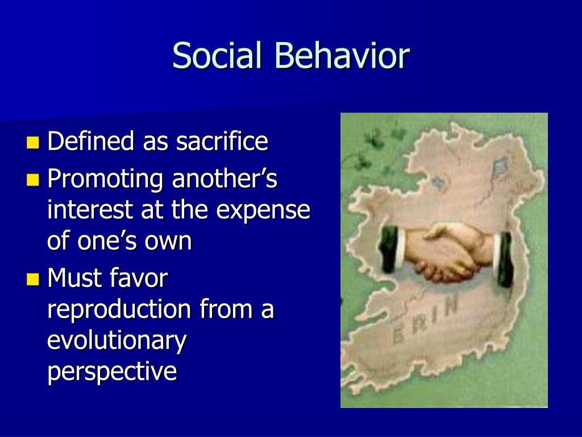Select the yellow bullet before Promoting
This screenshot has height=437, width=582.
[x=34, y=180]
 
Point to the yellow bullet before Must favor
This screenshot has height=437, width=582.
[x=34, y=279]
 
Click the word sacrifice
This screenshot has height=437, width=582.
[x=222, y=141]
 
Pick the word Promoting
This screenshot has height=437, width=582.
[x=105, y=180]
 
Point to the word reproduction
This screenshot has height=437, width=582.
[x=119, y=310]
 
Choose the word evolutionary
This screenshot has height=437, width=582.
[x=117, y=341]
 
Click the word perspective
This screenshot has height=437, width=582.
[x=112, y=372]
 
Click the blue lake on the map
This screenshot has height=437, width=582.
[x=500, y=167]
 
